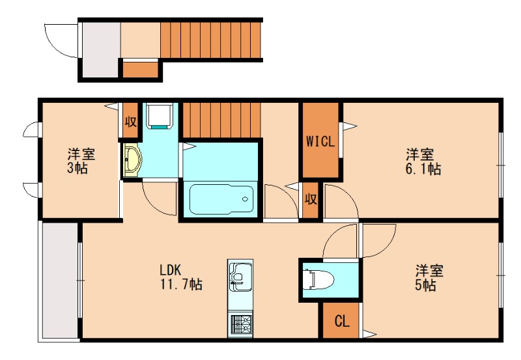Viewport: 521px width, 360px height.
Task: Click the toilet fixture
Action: pyautogui.click(x=318, y=279)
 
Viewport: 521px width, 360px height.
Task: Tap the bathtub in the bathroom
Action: pyautogui.click(x=221, y=199)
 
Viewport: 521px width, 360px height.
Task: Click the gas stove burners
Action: pyautogui.click(x=240, y=324)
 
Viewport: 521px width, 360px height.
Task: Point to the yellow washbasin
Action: pyautogui.click(x=132, y=159)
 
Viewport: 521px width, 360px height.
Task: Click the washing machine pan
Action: pyautogui.click(x=160, y=117)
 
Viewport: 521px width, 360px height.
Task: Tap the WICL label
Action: pyautogui.click(x=320, y=142)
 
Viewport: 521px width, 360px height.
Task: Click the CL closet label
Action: pyautogui.click(x=342, y=321)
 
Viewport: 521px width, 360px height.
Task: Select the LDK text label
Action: pyautogui.click(x=171, y=270)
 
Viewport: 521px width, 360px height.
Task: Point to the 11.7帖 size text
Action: pyautogui.click(x=182, y=284)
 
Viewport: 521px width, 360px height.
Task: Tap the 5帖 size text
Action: pyautogui.click(x=426, y=285)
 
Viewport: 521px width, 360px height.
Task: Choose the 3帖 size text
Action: pyautogui.click(x=77, y=168)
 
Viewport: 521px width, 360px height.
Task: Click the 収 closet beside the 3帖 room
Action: pyautogui.click(x=130, y=120)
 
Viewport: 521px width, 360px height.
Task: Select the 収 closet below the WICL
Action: pyautogui.click(x=311, y=200)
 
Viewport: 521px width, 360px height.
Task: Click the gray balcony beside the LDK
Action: pyautogui.click(x=60, y=281)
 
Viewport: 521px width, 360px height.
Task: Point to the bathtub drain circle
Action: pyautogui.click(x=246, y=199)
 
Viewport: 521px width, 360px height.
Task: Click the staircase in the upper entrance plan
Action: pyautogui.click(x=210, y=40)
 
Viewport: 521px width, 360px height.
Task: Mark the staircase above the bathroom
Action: pyautogui.click(x=221, y=120)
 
